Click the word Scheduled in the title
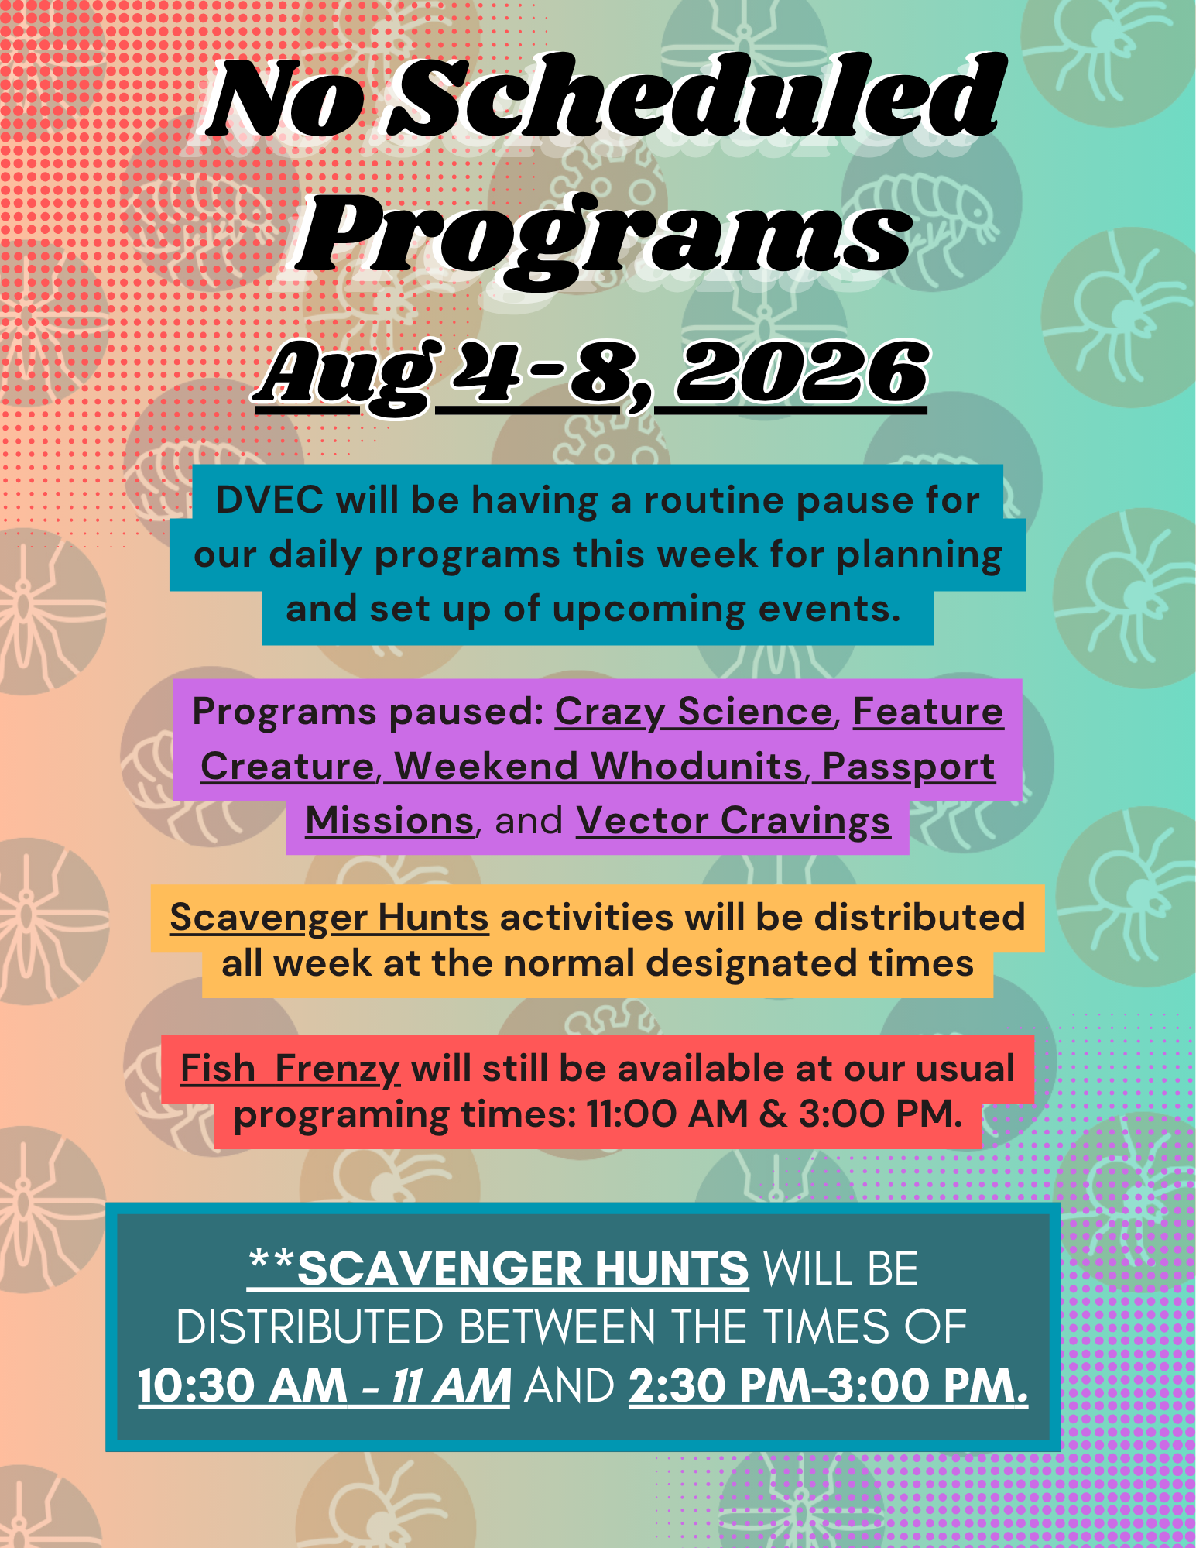pos(694,98)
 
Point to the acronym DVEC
pos(270,499)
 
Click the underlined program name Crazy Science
pos(694,712)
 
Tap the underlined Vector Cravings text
pos(733,821)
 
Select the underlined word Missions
pos(389,821)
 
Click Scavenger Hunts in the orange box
pos(329,918)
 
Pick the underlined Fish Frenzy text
pos(290,1069)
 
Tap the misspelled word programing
pos(341,1117)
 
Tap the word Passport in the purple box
pos(909,767)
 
